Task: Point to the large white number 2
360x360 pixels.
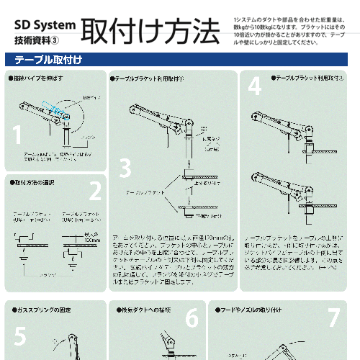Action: [x=94, y=192]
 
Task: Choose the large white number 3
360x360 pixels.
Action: [x=125, y=168]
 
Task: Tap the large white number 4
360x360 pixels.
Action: [x=254, y=86]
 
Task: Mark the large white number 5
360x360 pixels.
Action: [x=19, y=336]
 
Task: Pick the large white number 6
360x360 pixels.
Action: [x=192, y=318]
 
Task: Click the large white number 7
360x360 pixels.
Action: [x=333, y=318]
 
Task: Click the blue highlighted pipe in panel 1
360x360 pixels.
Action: [x=53, y=107]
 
